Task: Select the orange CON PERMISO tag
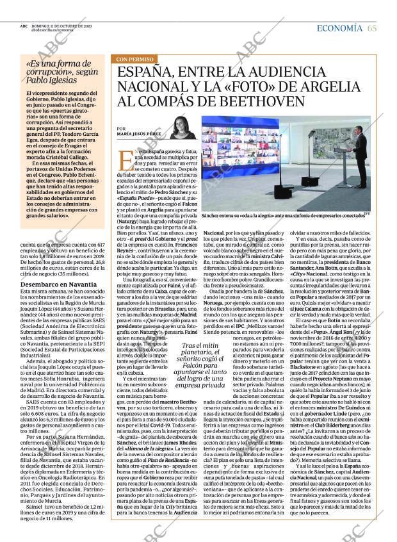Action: tap(135, 60)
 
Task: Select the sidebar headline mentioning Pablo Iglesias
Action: tap(61, 72)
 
